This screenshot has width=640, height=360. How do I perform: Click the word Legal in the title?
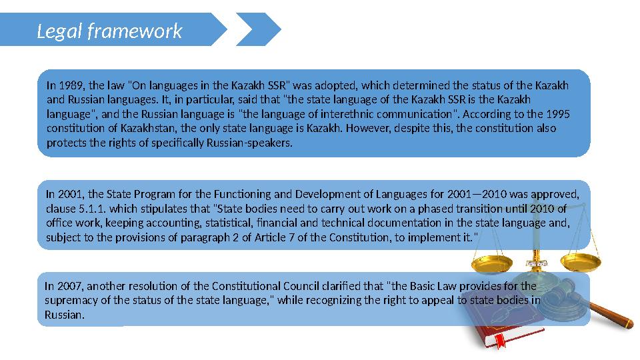[59, 31]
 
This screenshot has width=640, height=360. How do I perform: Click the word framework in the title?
[135, 31]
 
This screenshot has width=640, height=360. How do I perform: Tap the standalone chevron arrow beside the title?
[259, 29]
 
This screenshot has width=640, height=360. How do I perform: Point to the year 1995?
[558, 114]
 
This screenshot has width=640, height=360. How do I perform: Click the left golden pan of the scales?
[492, 265]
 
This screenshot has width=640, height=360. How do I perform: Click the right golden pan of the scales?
[581, 262]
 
